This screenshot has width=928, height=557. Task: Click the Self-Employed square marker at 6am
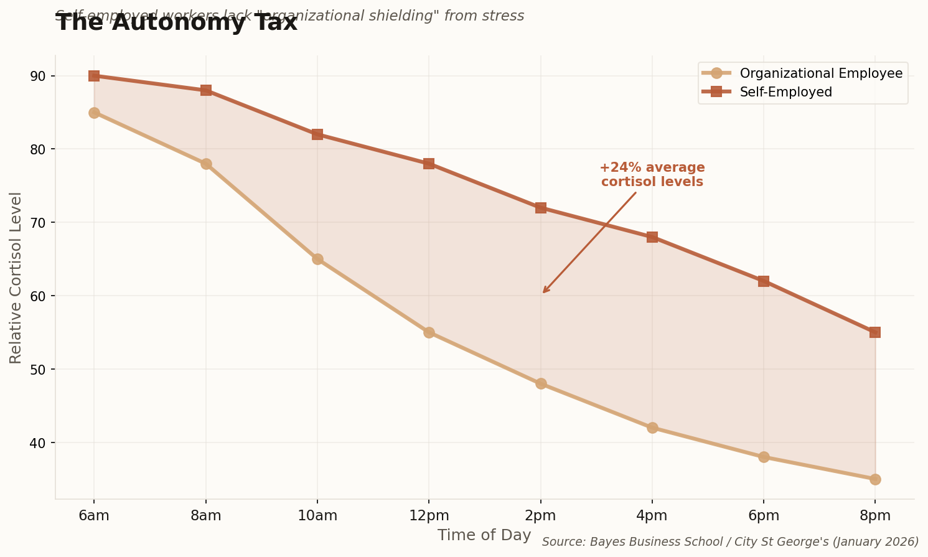pyautogui.click(x=94, y=76)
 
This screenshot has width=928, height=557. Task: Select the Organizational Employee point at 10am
pyautogui.click(x=317, y=259)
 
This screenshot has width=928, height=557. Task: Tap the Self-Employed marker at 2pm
pyautogui.click(x=540, y=208)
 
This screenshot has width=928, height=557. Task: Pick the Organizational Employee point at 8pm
pyautogui.click(x=875, y=479)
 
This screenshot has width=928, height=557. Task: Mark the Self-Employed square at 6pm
pyautogui.click(x=764, y=281)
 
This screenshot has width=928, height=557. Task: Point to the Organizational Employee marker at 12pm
pyautogui.click(x=429, y=332)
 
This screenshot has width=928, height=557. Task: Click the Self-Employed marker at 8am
pyautogui.click(x=206, y=90)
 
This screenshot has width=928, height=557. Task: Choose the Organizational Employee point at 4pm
pyautogui.click(x=652, y=428)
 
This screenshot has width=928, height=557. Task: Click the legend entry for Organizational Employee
pyautogui.click(x=820, y=73)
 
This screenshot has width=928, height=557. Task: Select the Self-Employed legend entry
pyautogui.click(x=785, y=92)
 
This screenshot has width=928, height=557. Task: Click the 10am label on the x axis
pyautogui.click(x=317, y=516)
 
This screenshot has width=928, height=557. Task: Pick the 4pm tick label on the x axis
pyautogui.click(x=652, y=516)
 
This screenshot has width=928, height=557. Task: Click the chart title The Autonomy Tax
pyautogui.click(x=177, y=24)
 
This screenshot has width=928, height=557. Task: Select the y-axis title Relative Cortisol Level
pyautogui.click(x=16, y=278)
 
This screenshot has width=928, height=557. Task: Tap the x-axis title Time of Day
pyautogui.click(x=484, y=535)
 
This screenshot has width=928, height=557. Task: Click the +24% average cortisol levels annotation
pyautogui.click(x=652, y=175)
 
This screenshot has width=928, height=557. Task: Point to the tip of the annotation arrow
pyautogui.click(x=543, y=293)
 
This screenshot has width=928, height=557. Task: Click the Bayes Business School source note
pyautogui.click(x=730, y=542)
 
